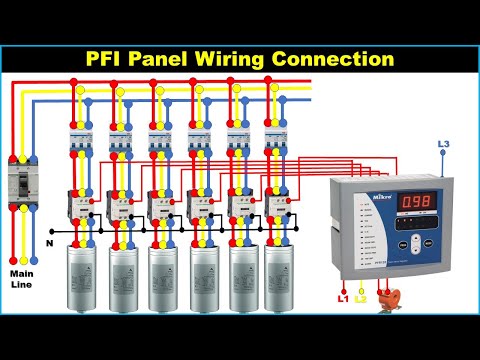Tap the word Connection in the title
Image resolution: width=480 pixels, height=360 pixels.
tap(336, 59)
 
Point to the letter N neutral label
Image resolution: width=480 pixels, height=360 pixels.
tap(50, 242)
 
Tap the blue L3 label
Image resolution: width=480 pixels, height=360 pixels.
tap(443, 146)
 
